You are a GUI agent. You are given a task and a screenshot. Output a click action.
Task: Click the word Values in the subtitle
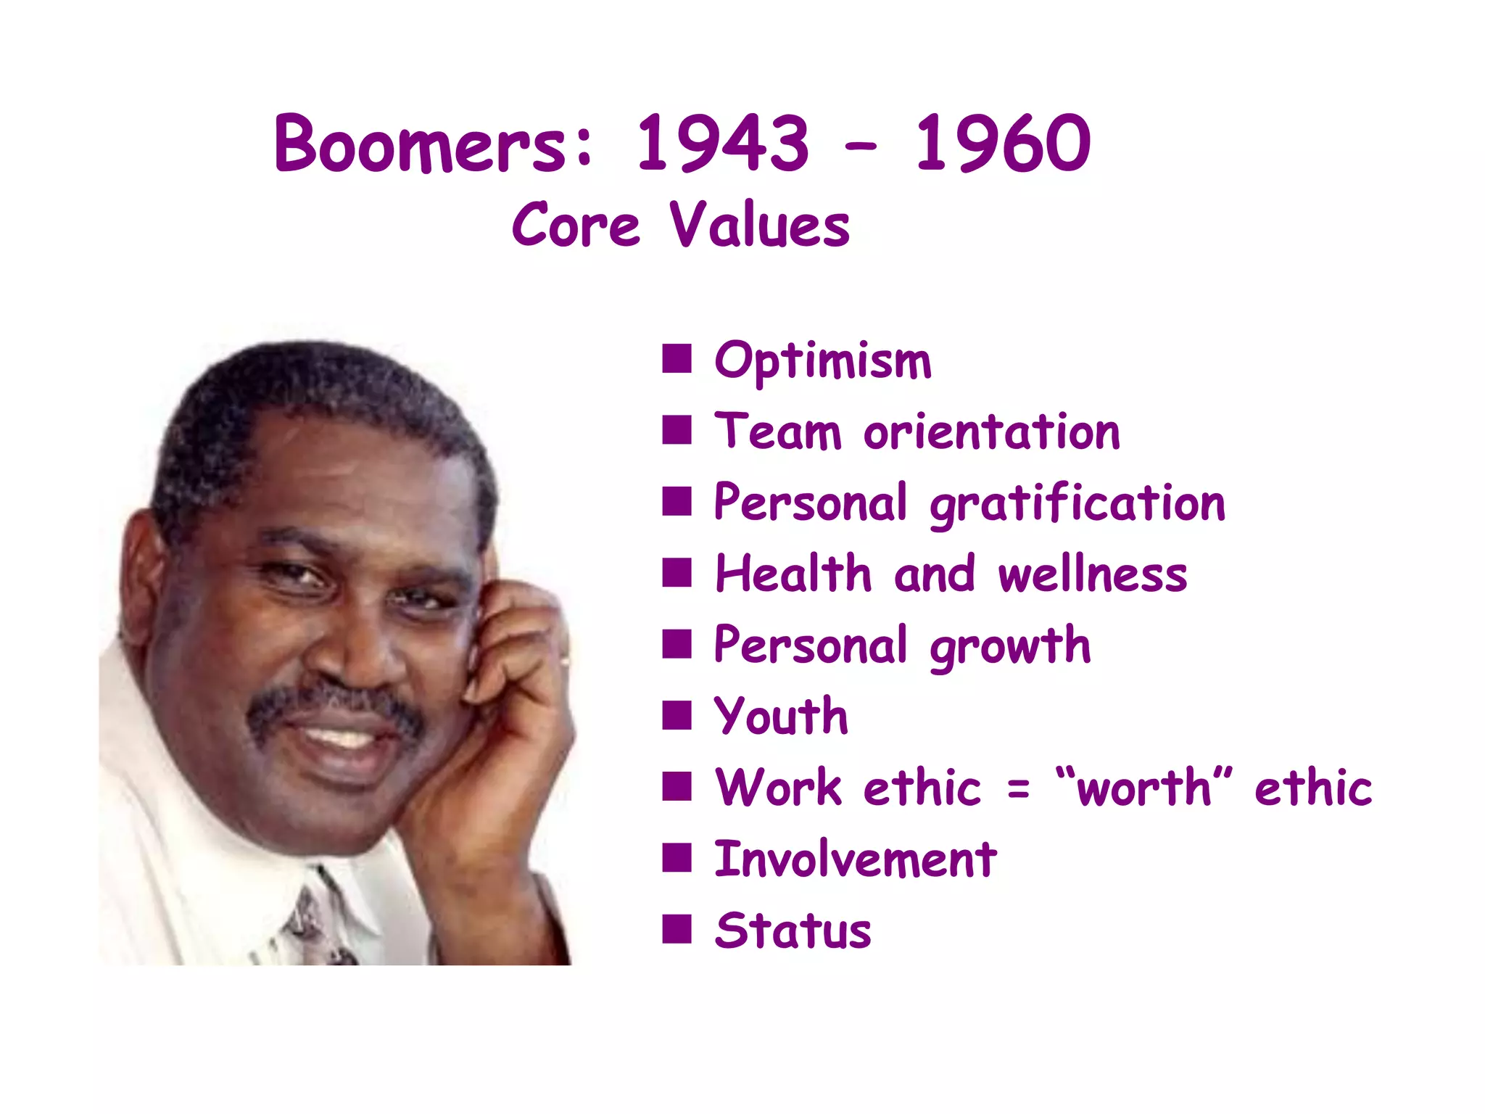tap(758, 226)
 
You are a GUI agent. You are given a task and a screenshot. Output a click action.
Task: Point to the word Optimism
tap(822, 360)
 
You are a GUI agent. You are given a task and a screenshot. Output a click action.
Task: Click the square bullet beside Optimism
tap(677, 358)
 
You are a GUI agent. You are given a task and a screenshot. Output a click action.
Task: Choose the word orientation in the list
tap(992, 432)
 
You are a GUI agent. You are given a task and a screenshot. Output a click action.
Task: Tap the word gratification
tap(1077, 503)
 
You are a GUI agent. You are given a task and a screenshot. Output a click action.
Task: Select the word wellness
tap(1093, 574)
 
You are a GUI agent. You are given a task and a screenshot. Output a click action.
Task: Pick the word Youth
tap(781, 717)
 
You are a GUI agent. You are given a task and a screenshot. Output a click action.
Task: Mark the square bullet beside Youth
tap(677, 715)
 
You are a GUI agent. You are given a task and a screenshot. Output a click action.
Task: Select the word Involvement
tap(856, 859)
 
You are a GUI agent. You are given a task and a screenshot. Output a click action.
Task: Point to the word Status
tap(793, 931)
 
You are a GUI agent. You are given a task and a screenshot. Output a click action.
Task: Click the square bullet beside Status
tap(677, 929)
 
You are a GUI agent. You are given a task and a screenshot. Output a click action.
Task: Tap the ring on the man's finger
tap(565, 661)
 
